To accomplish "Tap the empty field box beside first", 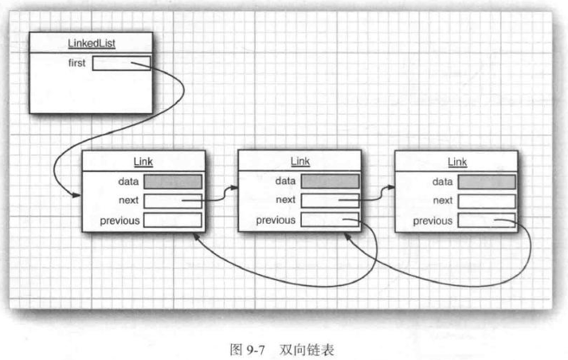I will (120, 63).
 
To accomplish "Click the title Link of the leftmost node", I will (144, 162).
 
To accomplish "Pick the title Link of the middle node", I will (300, 162).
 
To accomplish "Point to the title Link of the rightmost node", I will (456, 162).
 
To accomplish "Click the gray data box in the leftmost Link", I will (173, 182).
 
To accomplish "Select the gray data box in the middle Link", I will (330, 182).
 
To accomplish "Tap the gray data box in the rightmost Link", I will (486, 182).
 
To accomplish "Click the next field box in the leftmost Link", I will (173, 201).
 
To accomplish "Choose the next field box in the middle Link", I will (330, 201).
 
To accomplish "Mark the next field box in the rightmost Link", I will (486, 201).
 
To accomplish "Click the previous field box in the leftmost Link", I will (173, 220).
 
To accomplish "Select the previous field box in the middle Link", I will (330, 220).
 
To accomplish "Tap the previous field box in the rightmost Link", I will (486, 220).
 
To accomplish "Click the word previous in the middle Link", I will (275, 221).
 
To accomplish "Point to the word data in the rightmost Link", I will (442, 182).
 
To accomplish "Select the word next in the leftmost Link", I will (127, 201).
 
